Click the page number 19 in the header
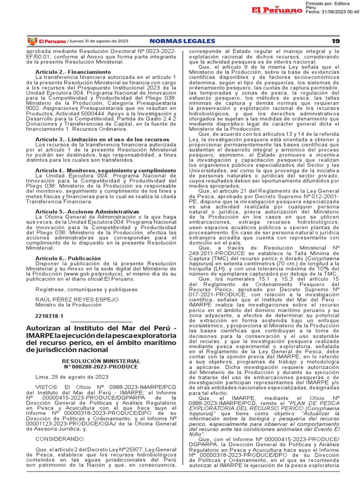335,41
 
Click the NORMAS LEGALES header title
183,41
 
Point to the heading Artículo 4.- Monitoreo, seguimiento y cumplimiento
106,170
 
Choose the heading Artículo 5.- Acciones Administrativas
87,211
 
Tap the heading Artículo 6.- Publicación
68,258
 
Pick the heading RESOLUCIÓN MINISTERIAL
102,360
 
